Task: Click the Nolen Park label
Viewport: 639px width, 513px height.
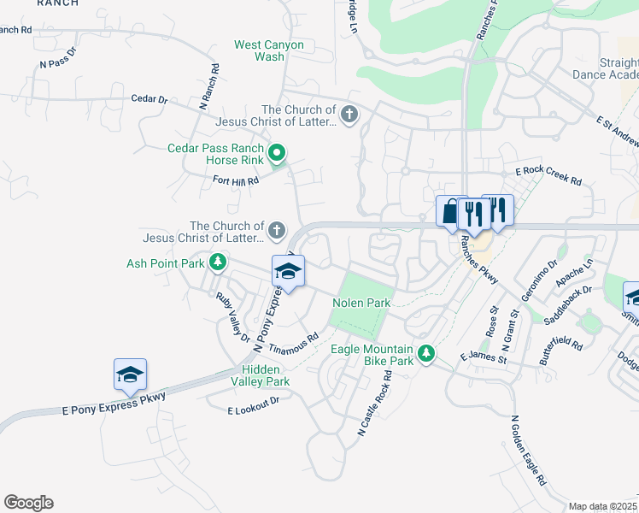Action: point(361,303)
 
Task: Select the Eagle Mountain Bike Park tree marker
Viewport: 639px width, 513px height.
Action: point(425,352)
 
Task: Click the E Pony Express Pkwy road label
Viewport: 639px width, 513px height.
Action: point(113,400)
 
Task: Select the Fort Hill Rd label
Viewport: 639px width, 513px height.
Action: point(235,181)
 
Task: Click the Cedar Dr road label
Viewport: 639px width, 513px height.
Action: point(149,99)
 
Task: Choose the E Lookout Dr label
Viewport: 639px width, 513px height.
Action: point(254,405)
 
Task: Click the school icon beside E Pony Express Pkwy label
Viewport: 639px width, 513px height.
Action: point(130,374)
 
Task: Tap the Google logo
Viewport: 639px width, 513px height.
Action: point(28,503)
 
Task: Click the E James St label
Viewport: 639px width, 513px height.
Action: point(484,358)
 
